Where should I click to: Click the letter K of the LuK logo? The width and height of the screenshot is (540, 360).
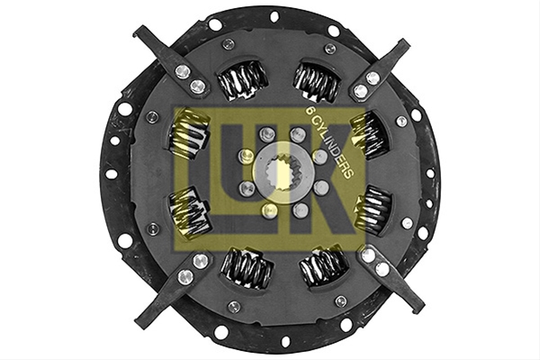pos(321,179)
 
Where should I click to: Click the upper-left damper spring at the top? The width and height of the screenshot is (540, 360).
pos(242,81)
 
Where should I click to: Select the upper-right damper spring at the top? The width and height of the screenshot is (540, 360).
pos(316,82)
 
